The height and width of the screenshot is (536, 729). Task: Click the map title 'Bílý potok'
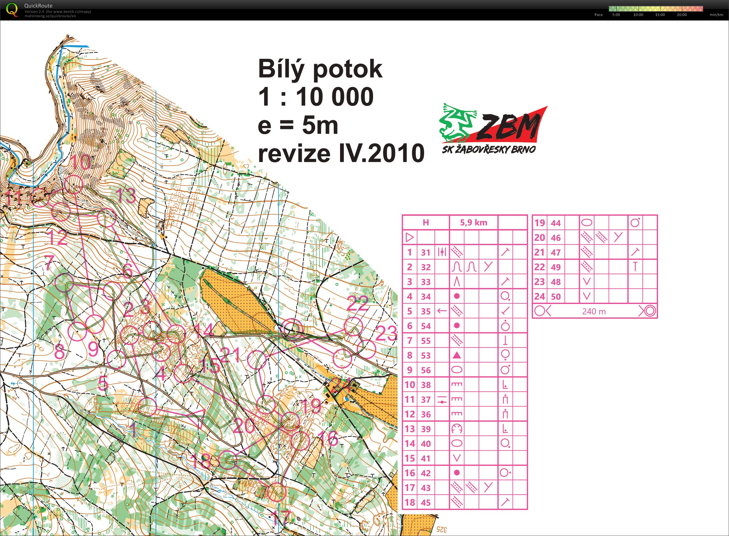320,69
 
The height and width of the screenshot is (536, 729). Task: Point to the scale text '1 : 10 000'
316,97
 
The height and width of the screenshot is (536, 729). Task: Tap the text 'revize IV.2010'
341,153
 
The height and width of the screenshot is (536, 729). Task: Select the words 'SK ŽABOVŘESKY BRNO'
489,149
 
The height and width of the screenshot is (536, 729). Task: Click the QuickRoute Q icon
12,9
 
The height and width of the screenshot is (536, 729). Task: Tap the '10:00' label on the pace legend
638,15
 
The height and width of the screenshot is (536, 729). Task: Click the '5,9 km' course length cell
473,223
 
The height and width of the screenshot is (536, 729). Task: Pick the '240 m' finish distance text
594,311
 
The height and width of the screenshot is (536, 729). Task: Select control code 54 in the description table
426,326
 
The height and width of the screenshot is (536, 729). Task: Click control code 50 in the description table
556,296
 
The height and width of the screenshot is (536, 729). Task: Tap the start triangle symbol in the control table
410,238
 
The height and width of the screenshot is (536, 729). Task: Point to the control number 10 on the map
80,162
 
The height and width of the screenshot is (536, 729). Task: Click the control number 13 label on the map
125,195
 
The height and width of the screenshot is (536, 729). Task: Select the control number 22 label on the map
358,304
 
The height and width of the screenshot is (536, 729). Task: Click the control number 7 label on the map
49,263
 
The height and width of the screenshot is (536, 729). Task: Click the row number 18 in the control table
410,503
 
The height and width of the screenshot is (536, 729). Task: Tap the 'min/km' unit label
716,15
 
